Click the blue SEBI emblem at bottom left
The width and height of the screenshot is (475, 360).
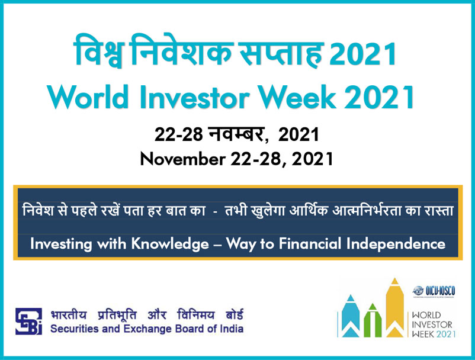tap(28, 321)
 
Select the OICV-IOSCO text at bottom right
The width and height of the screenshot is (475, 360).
tap(441, 291)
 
